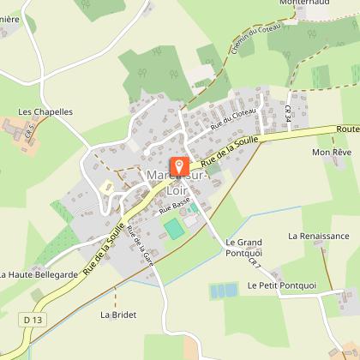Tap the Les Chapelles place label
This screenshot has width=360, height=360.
[45, 111]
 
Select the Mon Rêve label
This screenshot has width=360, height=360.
[331, 153]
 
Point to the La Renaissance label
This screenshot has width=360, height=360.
[318, 236]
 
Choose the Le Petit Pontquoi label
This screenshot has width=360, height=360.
[276, 285]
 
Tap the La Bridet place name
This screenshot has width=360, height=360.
[117, 315]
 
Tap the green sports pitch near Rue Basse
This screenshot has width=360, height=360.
[173, 229]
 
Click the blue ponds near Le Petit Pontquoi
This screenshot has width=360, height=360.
[224, 291]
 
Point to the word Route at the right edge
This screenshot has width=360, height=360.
[347, 129]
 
